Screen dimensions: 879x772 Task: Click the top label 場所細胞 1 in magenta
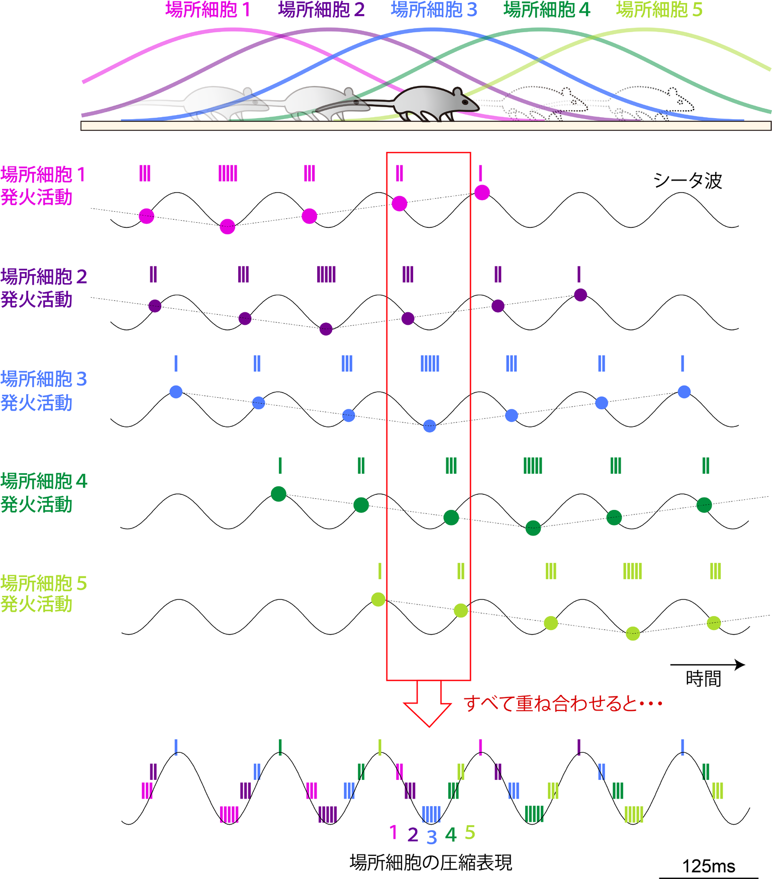pos(208,10)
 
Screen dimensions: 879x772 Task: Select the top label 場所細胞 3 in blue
pos(434,10)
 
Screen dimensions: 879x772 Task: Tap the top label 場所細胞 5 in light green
pos(659,10)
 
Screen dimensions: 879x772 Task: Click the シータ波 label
pos(688,181)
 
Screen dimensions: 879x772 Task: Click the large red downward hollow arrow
pos(428,704)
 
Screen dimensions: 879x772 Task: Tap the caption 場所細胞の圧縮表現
pos(431,862)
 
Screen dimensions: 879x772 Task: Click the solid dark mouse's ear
pos(457,92)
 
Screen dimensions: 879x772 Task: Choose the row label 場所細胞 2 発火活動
pos(44,288)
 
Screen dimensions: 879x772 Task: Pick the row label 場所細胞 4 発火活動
pos(44,492)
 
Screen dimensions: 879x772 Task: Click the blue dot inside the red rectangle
pos(429,426)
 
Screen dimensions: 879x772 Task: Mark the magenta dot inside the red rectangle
pos(400,204)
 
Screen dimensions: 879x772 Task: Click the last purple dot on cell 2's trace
pos(581,295)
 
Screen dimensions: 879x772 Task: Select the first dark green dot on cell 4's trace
pos(278,494)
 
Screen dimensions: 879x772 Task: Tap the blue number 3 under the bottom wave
pos(432,837)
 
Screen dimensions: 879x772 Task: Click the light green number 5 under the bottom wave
pos(470,833)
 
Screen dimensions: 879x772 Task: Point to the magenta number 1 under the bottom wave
pos(394,833)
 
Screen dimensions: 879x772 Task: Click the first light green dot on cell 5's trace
pos(378,599)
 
